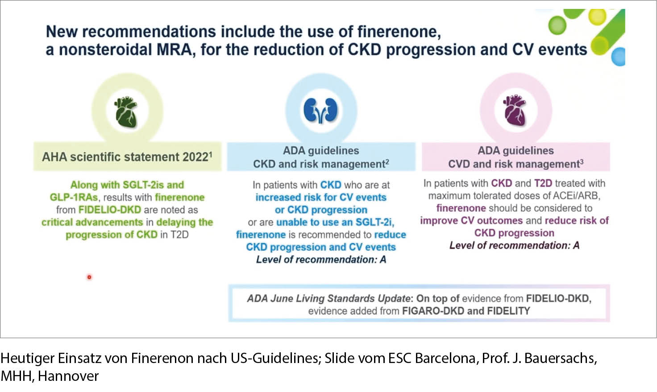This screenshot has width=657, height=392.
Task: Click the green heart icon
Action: point(126,112)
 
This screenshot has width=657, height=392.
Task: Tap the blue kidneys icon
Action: point(320,111)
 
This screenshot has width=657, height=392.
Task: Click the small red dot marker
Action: point(89,277)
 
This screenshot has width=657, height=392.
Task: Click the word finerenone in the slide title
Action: point(399,31)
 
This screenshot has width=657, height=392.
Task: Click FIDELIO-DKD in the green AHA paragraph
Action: point(110,210)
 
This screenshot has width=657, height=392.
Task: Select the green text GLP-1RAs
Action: point(74,198)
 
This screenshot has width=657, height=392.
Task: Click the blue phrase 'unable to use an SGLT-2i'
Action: point(335,223)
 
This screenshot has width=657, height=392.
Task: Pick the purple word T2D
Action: point(543,183)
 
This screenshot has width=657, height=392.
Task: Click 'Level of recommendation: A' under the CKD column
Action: point(321,260)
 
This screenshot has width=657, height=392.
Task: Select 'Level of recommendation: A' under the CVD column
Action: point(515,246)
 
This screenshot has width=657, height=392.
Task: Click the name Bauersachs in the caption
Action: point(559,358)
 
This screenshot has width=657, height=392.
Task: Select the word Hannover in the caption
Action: point(68,376)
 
